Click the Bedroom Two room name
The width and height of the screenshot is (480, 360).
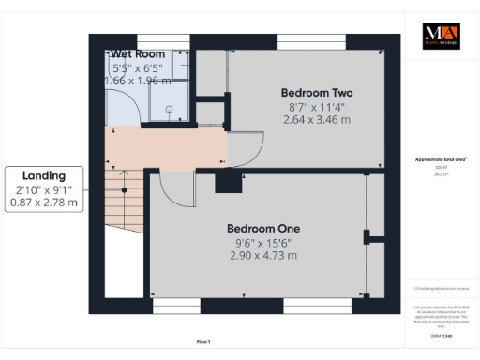click(317, 93)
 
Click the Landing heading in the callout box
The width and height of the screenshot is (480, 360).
click(44, 175)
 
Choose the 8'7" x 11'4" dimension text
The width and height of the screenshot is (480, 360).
click(317, 107)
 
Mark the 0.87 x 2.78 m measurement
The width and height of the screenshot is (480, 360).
click(44, 202)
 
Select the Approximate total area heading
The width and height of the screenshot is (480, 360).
click(439, 160)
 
